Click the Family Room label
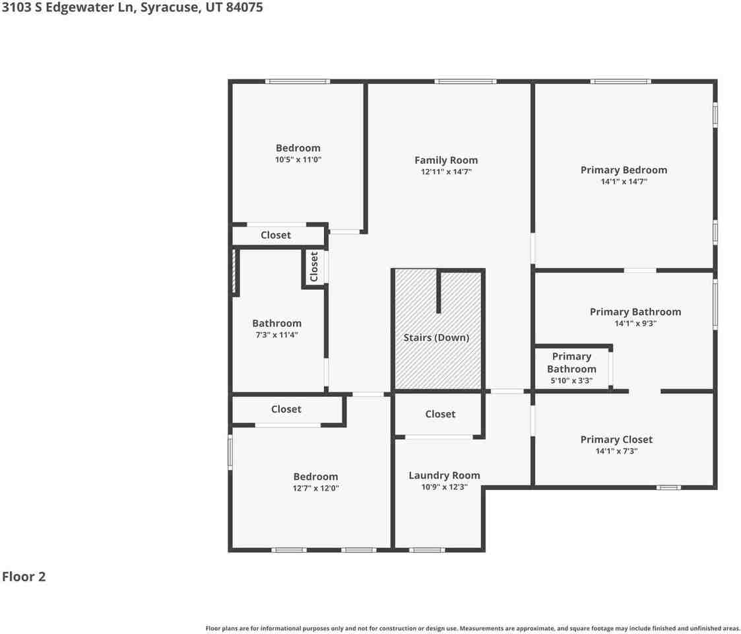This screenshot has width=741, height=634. tap(446, 160)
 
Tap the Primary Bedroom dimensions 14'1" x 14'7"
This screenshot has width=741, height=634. tap(624, 181)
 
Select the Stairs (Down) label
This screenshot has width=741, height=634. tap(436, 337)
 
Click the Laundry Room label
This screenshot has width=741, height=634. tap(444, 475)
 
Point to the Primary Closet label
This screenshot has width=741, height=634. tap(616, 440)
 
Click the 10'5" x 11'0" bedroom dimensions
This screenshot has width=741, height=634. tap(298, 160)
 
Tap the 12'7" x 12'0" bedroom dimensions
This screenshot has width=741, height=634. tap(315, 489)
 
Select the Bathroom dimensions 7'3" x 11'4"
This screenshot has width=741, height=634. tap(276, 335)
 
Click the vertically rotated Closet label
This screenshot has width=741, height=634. tap(314, 266)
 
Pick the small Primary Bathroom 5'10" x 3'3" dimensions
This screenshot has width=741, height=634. tap(571, 381)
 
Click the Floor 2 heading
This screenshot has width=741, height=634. tap(24, 577)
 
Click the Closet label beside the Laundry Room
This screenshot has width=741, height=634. tap(440, 414)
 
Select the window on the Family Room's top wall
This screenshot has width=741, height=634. tap(465, 81)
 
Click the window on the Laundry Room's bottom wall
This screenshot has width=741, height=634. tap(426, 549)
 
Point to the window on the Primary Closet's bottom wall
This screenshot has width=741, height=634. tap(668, 487)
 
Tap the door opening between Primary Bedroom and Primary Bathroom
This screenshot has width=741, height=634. tap(639, 270)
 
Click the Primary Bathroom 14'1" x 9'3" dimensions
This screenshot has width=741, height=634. tap(635, 324)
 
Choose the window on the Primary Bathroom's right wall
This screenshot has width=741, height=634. tap(715, 304)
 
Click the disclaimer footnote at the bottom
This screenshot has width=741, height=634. tap(472, 628)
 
